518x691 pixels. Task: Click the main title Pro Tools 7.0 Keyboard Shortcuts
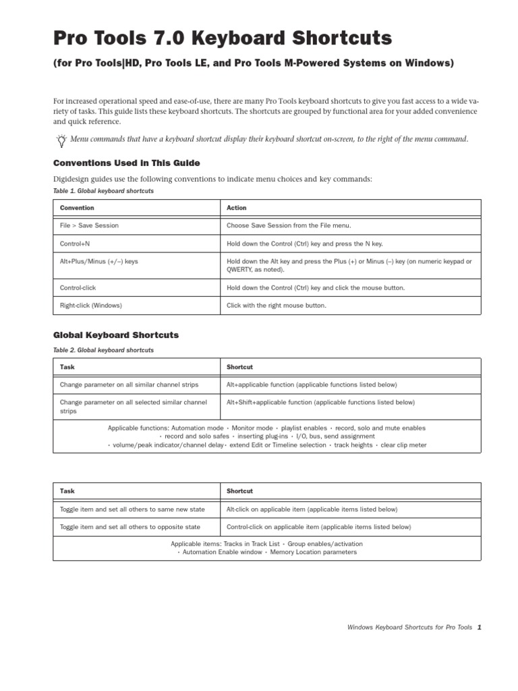[222, 38]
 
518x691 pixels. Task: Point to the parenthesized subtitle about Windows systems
[254, 63]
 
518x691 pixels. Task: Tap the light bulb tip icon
[61, 140]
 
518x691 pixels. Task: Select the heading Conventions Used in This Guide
[126, 163]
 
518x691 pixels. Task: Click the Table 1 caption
[103, 191]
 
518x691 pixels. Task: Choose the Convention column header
[77, 208]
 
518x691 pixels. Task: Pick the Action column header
[237, 208]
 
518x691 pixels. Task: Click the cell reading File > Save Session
[89, 225]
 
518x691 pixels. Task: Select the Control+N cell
[75, 243]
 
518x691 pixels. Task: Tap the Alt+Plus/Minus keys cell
[98, 261]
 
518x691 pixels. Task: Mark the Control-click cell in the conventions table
[78, 287]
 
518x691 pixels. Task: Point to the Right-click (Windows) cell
[90, 305]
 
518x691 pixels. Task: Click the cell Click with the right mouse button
[276, 305]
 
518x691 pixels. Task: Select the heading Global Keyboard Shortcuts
[115, 335]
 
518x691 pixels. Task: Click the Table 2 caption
[103, 350]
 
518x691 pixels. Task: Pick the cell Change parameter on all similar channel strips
[129, 385]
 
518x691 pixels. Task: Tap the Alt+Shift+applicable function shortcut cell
[320, 402]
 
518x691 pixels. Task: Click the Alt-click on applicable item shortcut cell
[312, 509]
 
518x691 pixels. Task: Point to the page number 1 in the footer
[479, 627]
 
